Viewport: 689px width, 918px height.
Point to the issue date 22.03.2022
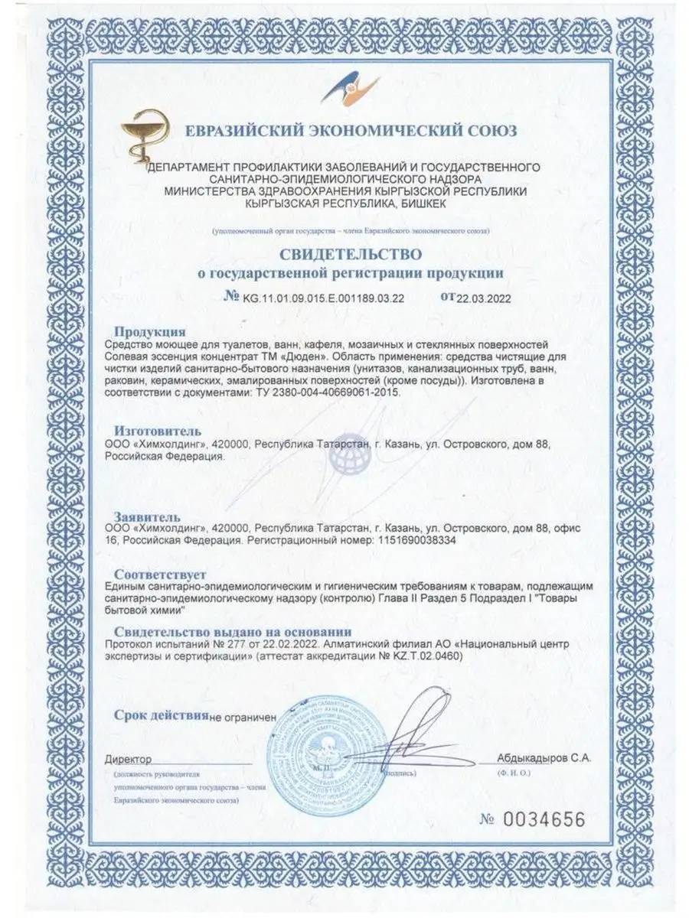point(482,298)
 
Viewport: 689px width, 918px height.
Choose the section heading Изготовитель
point(158,430)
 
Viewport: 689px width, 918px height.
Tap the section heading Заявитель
point(147,516)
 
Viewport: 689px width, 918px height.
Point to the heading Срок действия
point(161,716)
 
